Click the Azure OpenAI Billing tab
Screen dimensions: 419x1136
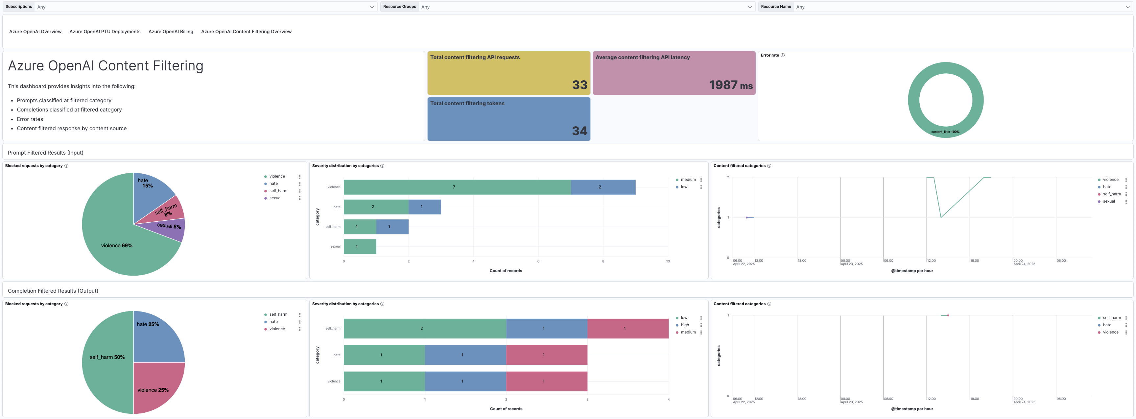coord(171,32)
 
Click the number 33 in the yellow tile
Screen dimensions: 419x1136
coord(580,85)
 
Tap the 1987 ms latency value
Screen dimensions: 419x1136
coord(730,85)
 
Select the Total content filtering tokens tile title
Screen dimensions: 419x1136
coord(467,104)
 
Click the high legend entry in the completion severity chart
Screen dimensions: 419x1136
coord(684,325)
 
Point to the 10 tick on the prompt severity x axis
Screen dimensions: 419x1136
coord(667,261)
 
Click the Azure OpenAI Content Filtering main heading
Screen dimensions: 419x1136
coord(106,66)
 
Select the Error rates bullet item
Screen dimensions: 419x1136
coord(30,119)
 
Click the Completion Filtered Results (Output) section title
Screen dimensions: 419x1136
coord(53,291)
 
